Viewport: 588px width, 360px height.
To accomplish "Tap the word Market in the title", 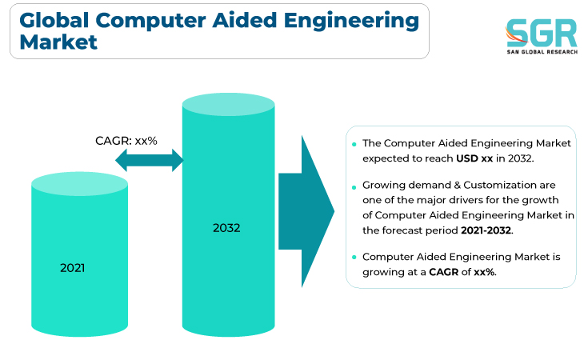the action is [x=58, y=42].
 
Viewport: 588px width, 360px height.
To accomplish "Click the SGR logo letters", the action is [x=542, y=33].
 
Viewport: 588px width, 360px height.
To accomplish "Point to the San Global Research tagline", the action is [x=542, y=52].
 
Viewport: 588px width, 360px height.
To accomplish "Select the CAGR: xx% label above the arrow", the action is [x=126, y=141].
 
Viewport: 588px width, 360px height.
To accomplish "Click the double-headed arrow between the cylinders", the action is [x=150, y=160].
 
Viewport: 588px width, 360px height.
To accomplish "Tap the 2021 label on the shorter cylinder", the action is [x=72, y=268].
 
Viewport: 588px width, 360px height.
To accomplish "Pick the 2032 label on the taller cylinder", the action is [x=226, y=228].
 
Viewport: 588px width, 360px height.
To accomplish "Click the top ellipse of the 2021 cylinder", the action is [x=79, y=184].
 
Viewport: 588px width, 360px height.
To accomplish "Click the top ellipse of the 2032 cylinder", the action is [x=228, y=104].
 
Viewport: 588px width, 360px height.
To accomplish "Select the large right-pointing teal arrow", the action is [x=306, y=211].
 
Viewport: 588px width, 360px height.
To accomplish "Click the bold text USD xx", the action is [x=474, y=158].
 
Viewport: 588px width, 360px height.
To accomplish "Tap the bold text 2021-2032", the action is [x=486, y=230].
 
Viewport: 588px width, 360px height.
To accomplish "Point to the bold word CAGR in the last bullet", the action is [x=444, y=272].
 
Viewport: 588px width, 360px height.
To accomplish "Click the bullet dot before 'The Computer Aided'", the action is [x=354, y=144].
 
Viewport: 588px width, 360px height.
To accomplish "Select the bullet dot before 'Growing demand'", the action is [x=354, y=186].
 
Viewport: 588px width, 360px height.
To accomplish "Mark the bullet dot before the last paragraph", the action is [x=354, y=258].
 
